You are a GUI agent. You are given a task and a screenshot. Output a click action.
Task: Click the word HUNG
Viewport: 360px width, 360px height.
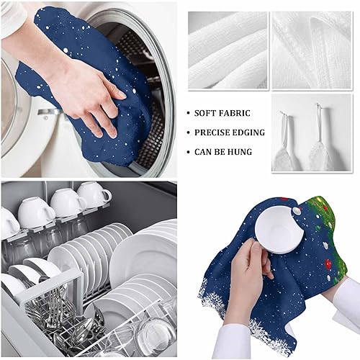point(247,152)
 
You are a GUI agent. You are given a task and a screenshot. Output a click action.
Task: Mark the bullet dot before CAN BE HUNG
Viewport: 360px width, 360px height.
point(188,152)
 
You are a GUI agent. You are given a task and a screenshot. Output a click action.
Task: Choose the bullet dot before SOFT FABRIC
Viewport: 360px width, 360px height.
point(188,113)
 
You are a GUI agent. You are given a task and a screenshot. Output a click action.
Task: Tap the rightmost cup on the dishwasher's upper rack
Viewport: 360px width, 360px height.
point(94,194)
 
